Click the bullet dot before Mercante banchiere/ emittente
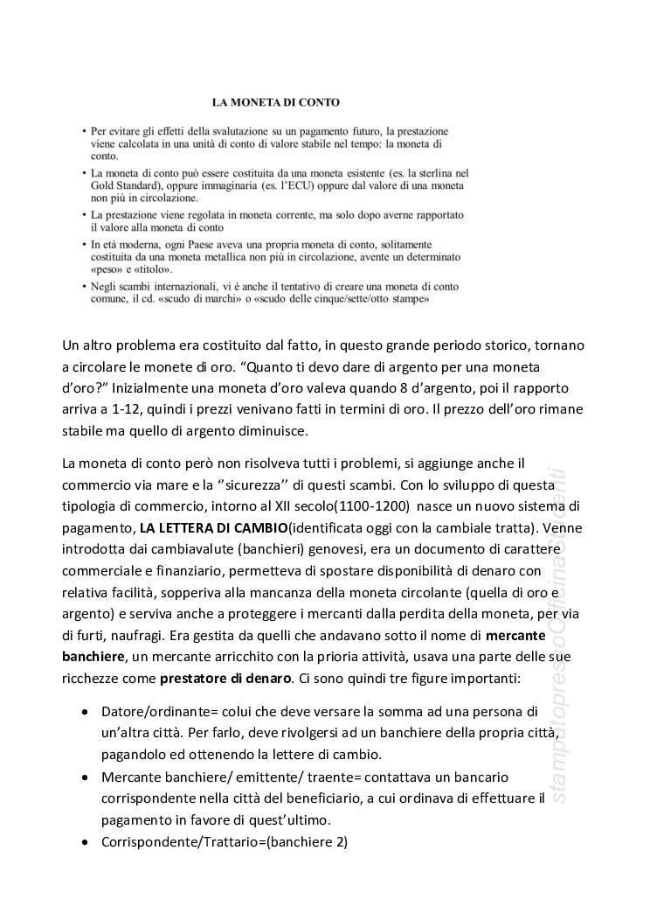tap(84, 777)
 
